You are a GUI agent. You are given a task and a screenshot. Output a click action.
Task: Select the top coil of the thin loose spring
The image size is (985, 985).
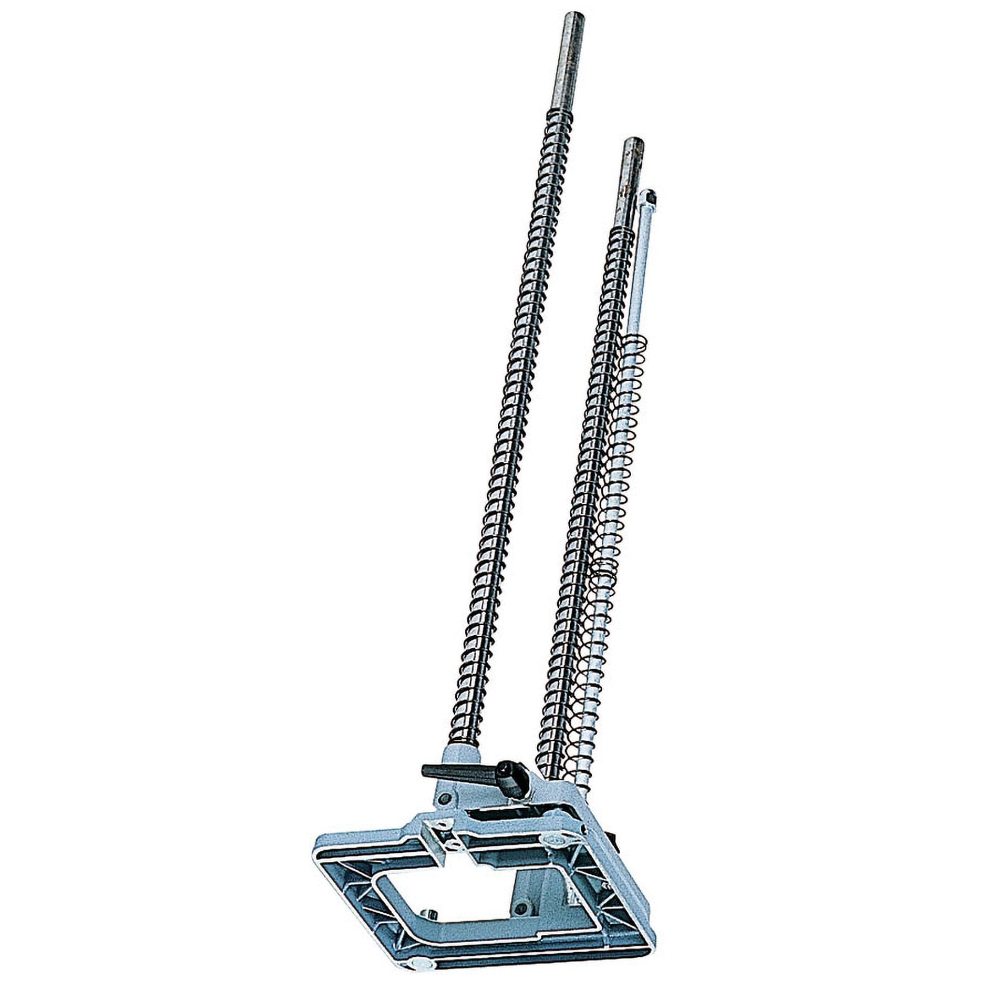tap(634, 340)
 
